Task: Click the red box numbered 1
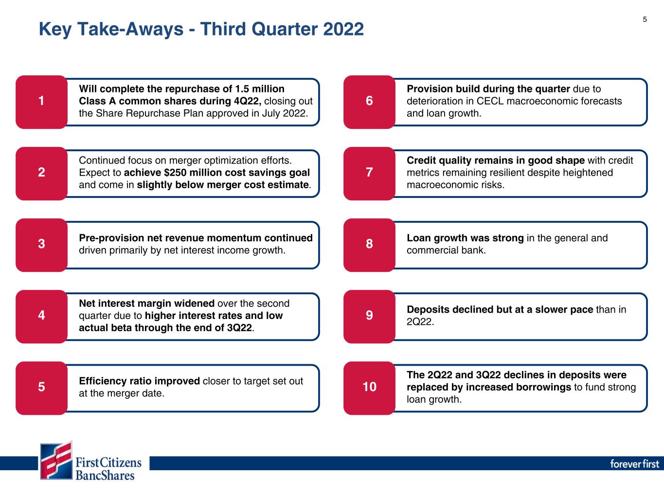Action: tap(41, 102)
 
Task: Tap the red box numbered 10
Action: tap(369, 388)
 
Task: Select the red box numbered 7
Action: tap(369, 174)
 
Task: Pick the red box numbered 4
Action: tap(41, 317)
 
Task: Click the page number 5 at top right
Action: tap(645, 19)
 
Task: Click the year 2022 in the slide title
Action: tap(343, 29)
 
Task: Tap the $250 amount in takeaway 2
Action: tap(175, 173)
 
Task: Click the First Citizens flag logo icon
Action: tap(56, 461)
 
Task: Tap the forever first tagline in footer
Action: tap(634, 463)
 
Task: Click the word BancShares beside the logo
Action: tap(105, 476)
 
